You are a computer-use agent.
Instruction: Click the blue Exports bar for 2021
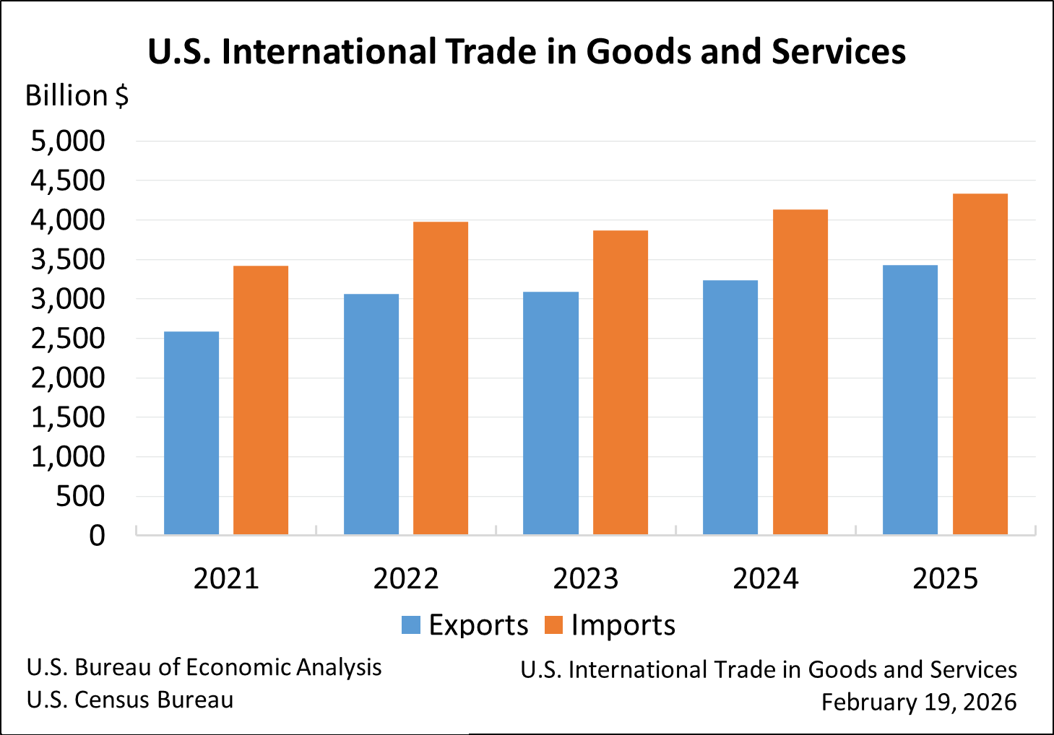point(191,433)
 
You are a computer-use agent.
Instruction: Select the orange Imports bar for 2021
point(261,401)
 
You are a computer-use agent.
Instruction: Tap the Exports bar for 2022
point(371,414)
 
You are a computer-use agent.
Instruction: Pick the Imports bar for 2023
point(621,383)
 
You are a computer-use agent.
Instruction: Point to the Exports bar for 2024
point(730,408)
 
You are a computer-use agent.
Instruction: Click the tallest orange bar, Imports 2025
point(980,365)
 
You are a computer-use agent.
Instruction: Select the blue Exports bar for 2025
point(910,400)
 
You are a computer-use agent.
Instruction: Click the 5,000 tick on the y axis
point(68,141)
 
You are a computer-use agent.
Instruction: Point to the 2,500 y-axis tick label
point(68,338)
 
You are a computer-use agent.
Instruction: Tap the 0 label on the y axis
point(97,536)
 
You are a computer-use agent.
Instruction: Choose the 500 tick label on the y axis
point(80,496)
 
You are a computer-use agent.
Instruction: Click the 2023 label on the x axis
point(585,579)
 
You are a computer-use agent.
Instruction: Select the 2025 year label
point(945,579)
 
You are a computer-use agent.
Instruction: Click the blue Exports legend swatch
point(411,625)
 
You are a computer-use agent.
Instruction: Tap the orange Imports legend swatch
point(553,625)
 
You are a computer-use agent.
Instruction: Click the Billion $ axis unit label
point(77,96)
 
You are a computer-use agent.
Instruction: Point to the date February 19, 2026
point(919,702)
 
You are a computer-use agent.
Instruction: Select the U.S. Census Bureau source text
point(130,700)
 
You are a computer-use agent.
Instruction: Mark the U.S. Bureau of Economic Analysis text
point(204,667)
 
